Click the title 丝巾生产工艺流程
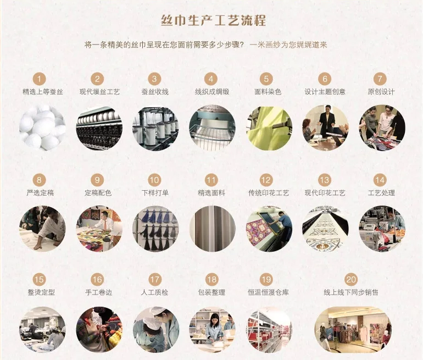click(213, 20)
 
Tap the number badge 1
click(39, 79)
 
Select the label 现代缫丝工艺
click(99, 92)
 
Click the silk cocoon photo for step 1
click(43, 128)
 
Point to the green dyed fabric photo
click(269, 128)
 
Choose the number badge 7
click(380, 79)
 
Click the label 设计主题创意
click(325, 92)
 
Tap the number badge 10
click(154, 180)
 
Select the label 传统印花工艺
click(269, 193)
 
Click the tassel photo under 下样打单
click(155, 229)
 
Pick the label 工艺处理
click(381, 193)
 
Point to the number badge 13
click(324, 180)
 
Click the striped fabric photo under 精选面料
click(212, 229)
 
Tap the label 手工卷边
click(98, 292)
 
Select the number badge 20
click(351, 280)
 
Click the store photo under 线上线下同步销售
click(353, 330)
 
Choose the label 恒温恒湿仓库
click(268, 292)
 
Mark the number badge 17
click(155, 280)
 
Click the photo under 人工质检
click(155, 330)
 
